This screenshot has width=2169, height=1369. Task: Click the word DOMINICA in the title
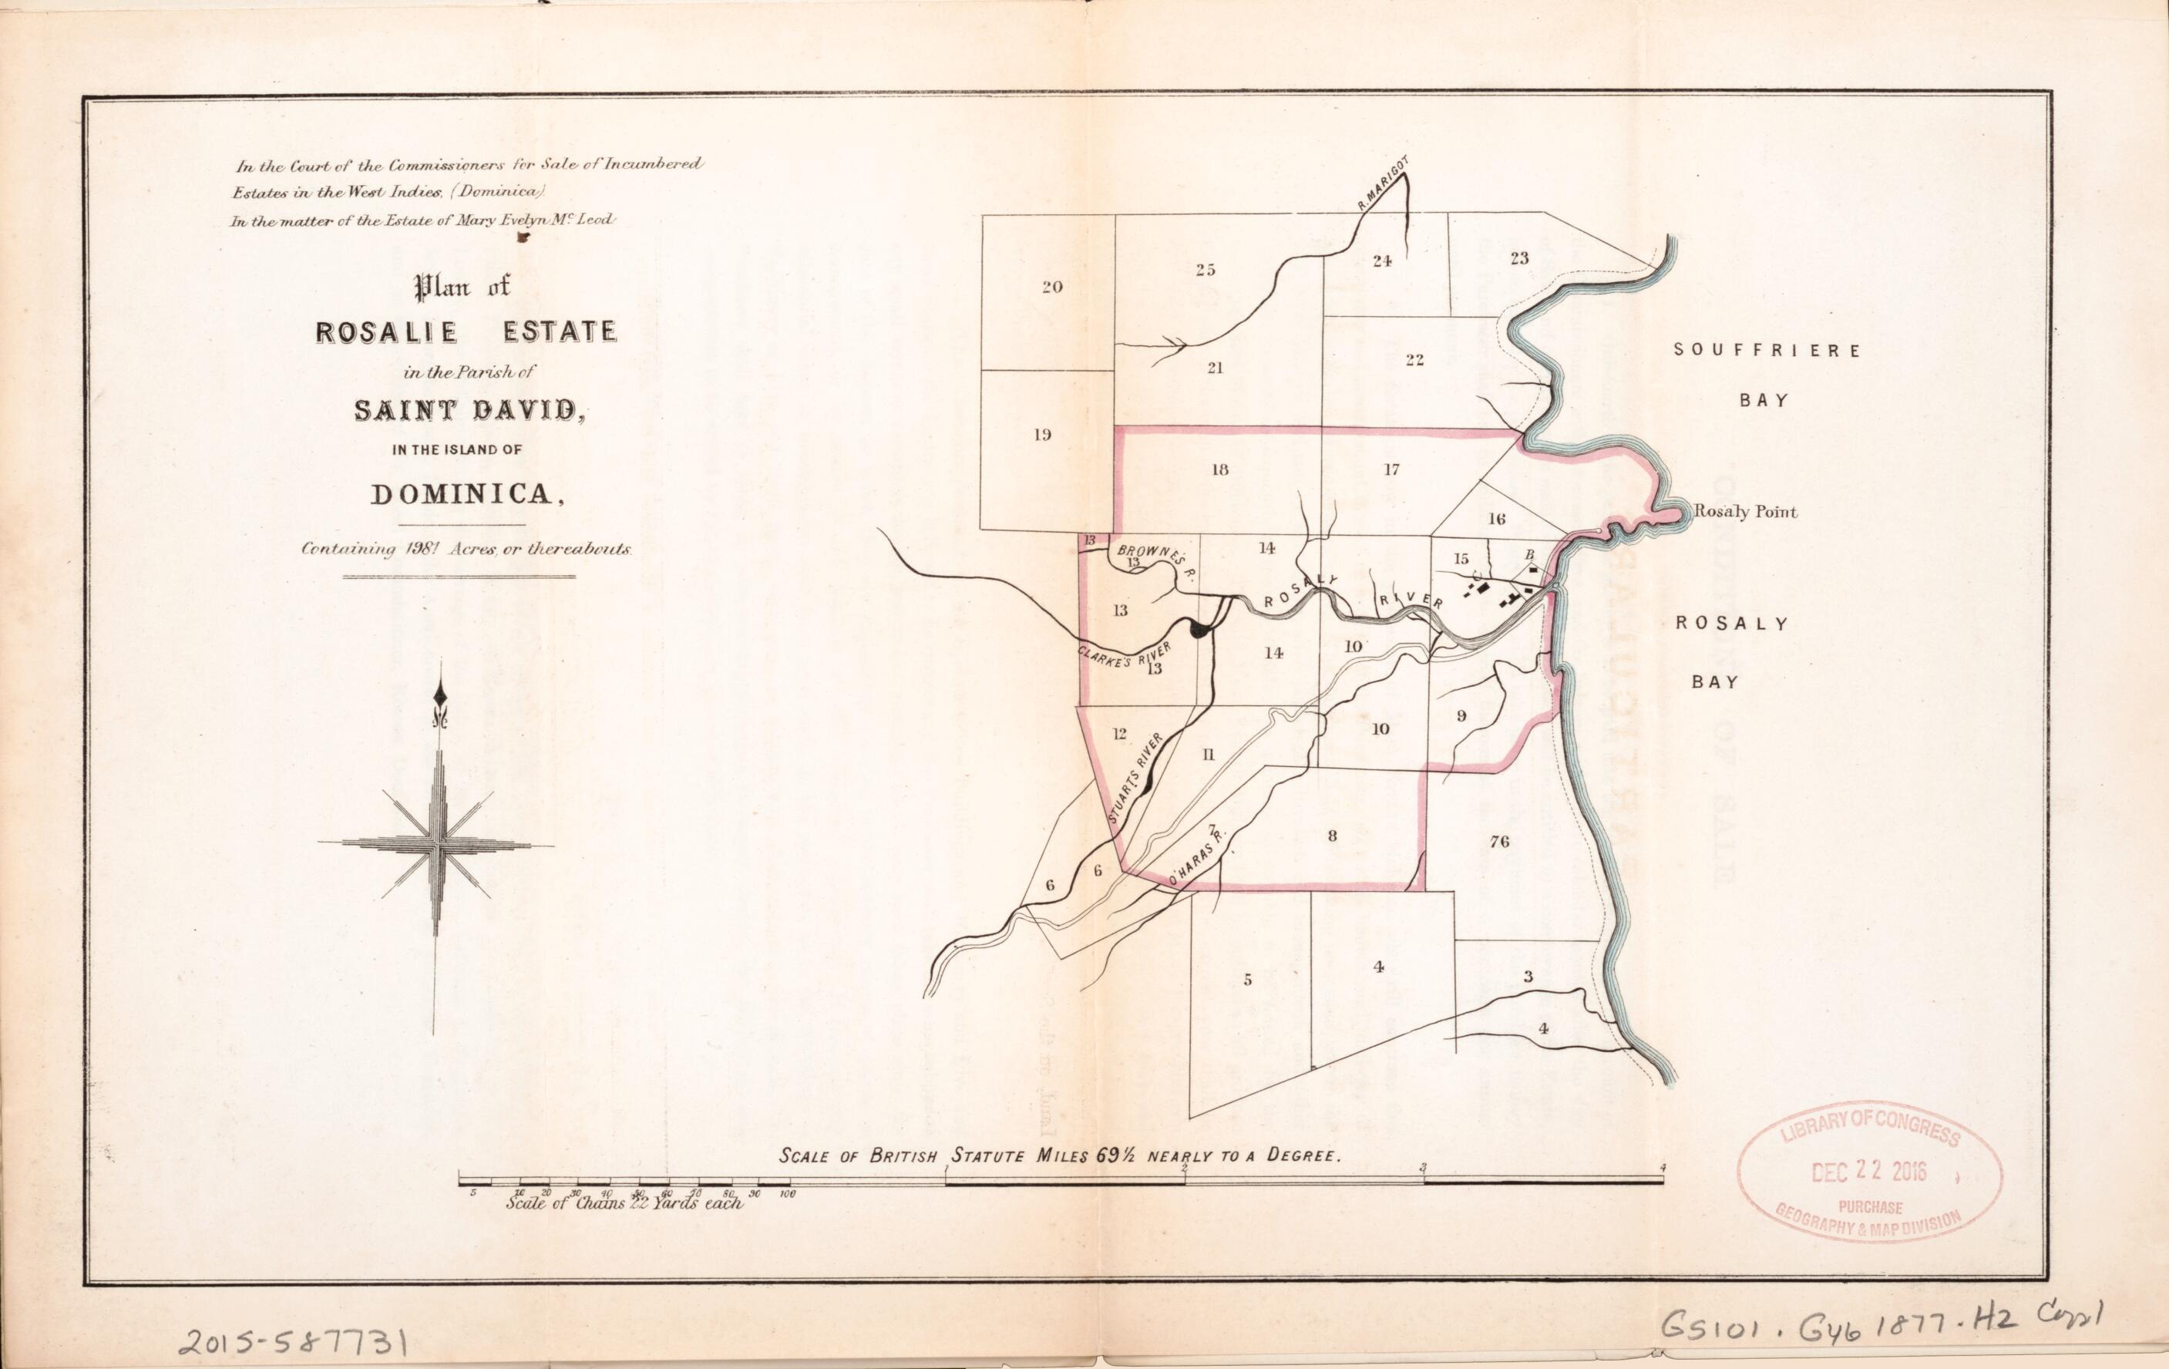(x=461, y=494)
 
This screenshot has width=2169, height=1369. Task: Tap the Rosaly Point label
(x=1745, y=512)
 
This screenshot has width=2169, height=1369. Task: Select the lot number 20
(x=1052, y=288)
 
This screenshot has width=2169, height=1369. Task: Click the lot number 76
(x=1499, y=841)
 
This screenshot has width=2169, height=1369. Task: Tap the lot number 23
(x=1518, y=258)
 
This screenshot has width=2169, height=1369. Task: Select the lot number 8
(x=1332, y=836)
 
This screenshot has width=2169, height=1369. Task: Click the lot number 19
(x=1042, y=435)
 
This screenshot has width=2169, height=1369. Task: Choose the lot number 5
(x=1248, y=980)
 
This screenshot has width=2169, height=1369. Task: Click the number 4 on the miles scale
(x=1663, y=1168)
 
